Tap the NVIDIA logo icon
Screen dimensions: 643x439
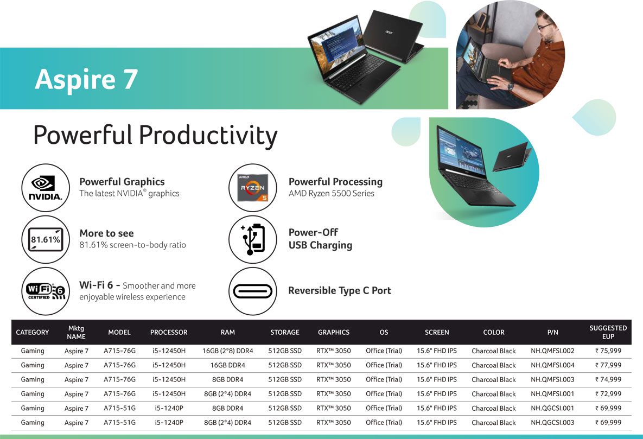[46, 188]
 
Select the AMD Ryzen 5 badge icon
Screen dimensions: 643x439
[253, 188]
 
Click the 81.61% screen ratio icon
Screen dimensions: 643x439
[46, 240]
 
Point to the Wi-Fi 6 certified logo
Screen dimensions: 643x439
[46, 291]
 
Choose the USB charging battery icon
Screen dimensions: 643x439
[253, 239]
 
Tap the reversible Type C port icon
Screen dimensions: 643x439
[253, 291]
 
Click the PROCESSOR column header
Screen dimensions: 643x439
[169, 332]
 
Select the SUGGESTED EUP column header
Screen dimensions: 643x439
[608, 332]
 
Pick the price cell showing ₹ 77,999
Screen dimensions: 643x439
[608, 365]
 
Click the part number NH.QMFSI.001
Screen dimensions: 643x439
[552, 394]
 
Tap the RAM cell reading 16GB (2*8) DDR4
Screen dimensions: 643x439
[227, 351]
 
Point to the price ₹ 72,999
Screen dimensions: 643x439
[608, 394]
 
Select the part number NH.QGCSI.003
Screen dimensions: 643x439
[552, 423]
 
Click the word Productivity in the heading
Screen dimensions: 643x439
[208, 136]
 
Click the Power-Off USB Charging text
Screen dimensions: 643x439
[320, 239]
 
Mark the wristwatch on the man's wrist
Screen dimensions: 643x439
[511, 86]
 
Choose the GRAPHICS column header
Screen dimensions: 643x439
[334, 332]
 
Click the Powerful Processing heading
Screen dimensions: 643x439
[335, 182]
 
